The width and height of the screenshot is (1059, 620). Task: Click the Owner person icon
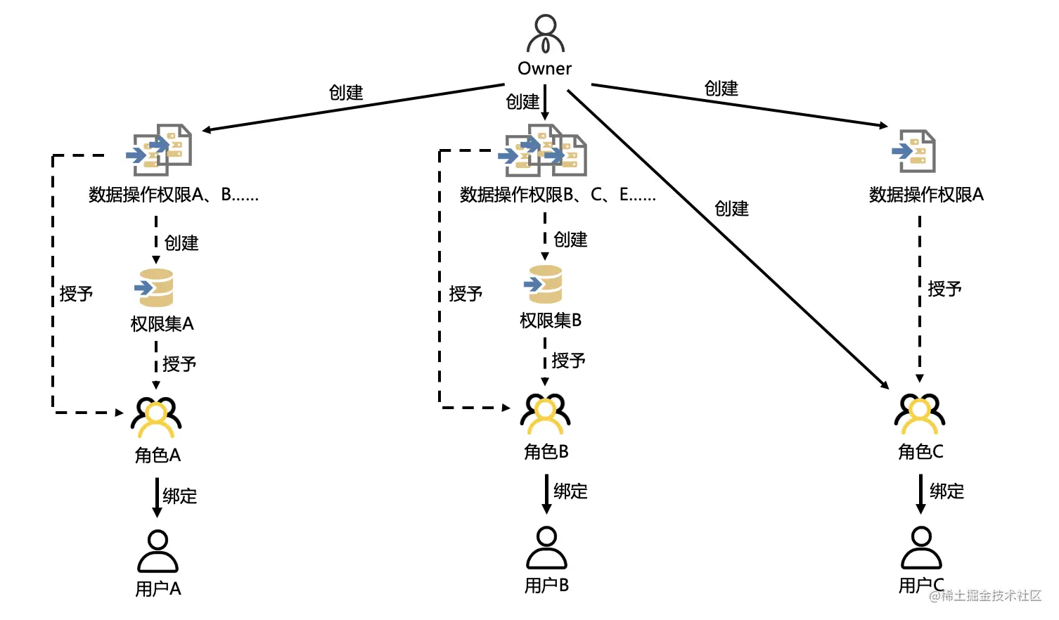tap(545, 34)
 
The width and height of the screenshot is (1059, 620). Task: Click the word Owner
tap(545, 69)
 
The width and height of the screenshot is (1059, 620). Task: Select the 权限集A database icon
tap(155, 288)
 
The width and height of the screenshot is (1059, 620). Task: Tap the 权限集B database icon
tap(544, 284)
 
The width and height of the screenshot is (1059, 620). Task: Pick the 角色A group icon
tap(156, 417)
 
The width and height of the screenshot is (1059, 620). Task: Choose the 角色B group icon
tap(546, 413)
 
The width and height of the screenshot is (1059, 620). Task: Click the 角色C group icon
tap(920, 413)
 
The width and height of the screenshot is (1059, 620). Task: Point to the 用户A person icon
tap(158, 551)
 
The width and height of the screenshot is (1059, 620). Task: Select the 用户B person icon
tap(546, 548)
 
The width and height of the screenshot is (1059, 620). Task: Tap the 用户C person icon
tap(921, 548)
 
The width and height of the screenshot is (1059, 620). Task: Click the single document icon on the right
tap(915, 150)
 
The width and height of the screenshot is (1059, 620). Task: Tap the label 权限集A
tap(162, 324)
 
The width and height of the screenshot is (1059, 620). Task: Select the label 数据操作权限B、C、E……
tap(558, 195)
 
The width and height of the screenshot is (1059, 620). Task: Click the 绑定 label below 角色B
tap(570, 491)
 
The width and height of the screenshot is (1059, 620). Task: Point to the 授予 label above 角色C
tap(944, 289)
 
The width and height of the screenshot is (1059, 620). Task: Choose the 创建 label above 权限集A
tap(181, 243)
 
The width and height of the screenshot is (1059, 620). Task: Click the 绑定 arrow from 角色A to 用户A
tap(157, 497)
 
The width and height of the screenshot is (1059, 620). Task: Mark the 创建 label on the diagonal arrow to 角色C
tap(731, 209)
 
